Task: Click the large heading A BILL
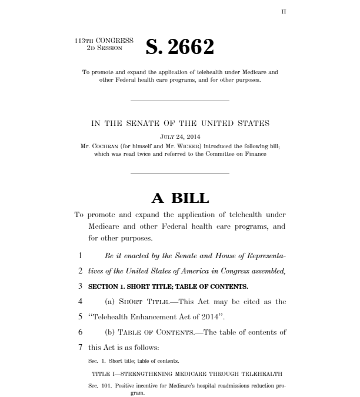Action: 179,198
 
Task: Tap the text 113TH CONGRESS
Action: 104,41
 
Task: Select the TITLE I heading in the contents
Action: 179,373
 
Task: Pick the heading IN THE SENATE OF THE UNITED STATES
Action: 179,124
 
